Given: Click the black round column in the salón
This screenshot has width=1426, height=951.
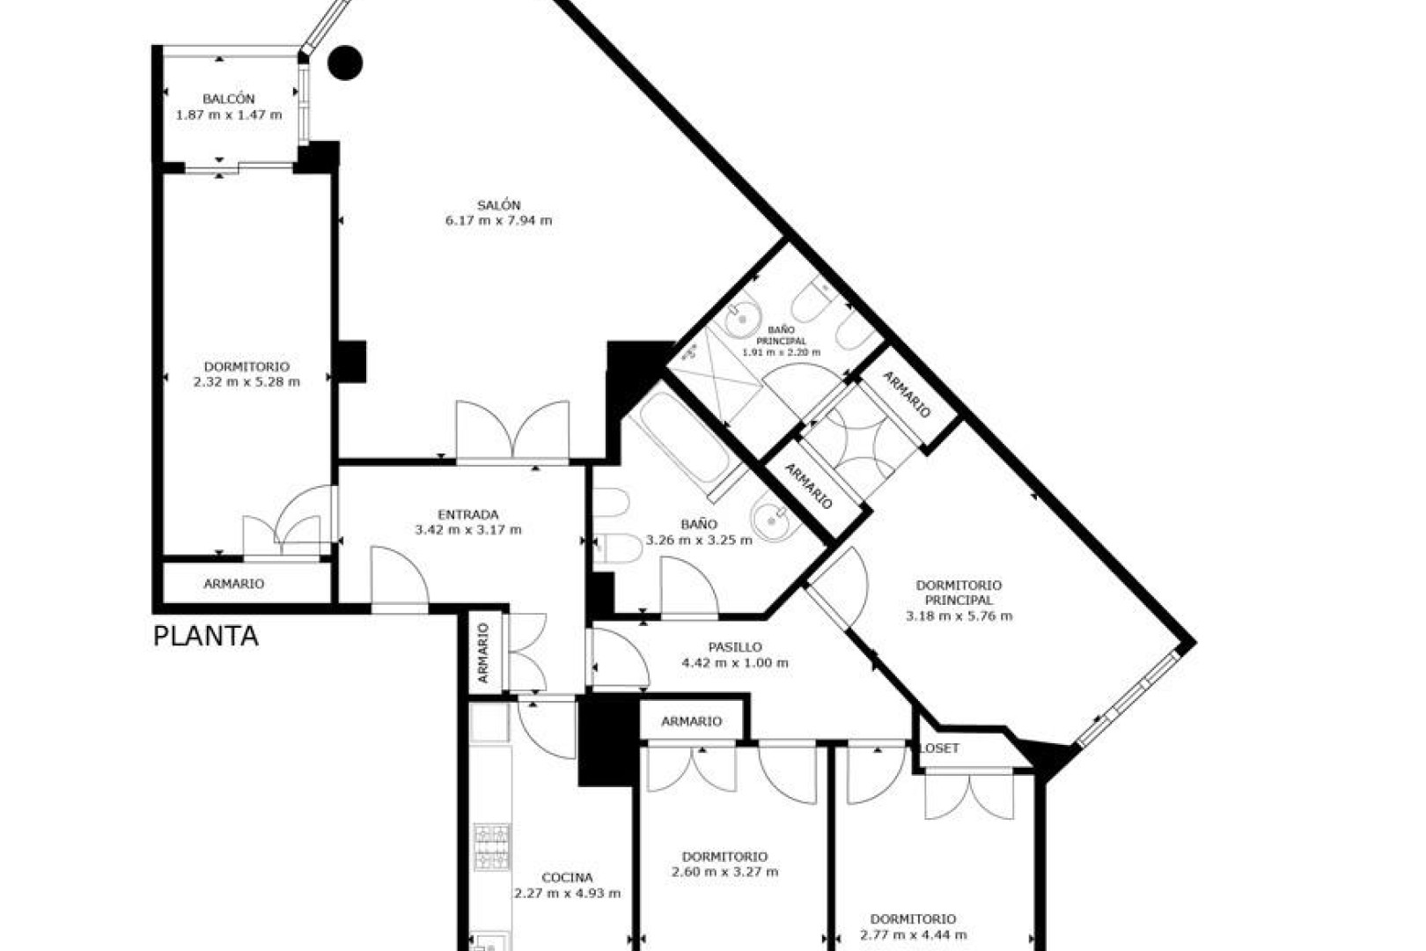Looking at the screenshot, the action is pos(345,63).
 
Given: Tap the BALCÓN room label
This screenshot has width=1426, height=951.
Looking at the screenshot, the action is pos(229,99).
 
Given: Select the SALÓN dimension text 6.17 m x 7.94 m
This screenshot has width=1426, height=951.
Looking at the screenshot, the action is pos(498,221).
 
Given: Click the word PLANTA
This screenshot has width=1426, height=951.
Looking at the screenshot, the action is pos(206,637).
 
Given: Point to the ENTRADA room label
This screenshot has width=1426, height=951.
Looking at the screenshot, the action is pos(468,514).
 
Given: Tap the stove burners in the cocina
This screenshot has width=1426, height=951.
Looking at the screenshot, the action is pos(491,846).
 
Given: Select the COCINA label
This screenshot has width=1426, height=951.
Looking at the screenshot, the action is pos(567,877).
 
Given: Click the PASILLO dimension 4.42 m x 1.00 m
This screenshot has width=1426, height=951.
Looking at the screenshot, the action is pos(735,662).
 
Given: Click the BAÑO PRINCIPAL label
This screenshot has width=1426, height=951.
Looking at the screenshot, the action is pos(781,335).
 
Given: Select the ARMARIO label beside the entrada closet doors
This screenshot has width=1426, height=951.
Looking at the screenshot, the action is pos(483,652).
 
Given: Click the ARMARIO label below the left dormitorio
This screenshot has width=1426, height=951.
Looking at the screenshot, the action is pos(233,584).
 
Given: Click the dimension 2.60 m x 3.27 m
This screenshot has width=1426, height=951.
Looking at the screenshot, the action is pos(724,872).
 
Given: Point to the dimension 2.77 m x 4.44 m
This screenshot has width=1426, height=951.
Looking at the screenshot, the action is pos(913,935).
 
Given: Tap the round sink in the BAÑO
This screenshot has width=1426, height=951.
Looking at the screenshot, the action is pos(770,520).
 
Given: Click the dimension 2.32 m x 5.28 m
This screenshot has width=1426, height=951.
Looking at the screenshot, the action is pos(246,382).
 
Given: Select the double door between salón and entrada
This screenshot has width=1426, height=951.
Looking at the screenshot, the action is pos(512,431).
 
